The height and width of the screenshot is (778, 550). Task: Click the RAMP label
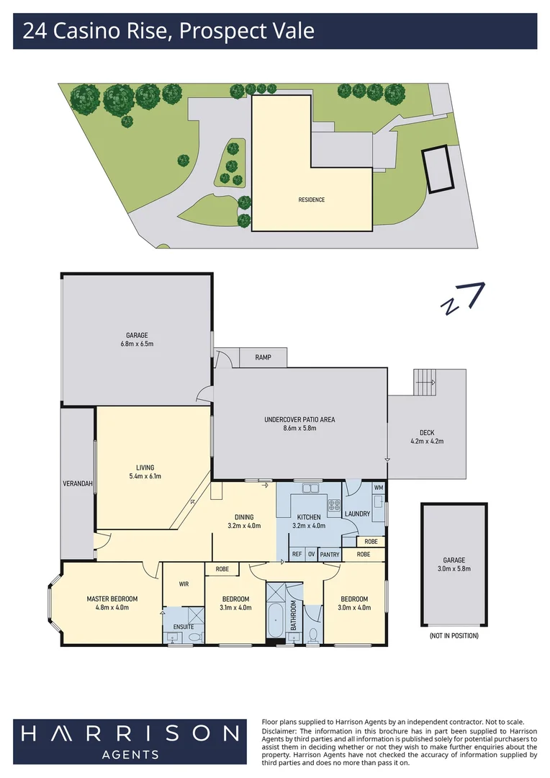[x=263, y=357]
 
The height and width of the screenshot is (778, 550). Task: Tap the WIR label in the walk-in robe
[x=184, y=584]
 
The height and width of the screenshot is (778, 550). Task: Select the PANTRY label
[x=330, y=554]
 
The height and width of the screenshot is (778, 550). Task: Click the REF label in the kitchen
[x=297, y=554]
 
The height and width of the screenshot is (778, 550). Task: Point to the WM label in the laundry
[x=379, y=488]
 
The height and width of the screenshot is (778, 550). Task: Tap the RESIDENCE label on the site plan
[x=312, y=200]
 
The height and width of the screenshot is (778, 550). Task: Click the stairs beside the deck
[x=425, y=382]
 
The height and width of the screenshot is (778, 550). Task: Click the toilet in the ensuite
[x=196, y=635]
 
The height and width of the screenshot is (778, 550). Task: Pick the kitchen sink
[x=310, y=488]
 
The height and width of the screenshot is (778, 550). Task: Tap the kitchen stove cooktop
[x=334, y=505]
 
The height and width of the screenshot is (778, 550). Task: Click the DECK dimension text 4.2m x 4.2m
[x=426, y=441]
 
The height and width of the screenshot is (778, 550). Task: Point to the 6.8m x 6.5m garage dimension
[x=137, y=344]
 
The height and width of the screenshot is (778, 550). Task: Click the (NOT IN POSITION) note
[x=454, y=635]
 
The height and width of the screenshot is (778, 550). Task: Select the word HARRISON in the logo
[x=130, y=734]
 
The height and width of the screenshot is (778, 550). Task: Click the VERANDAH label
[x=78, y=483]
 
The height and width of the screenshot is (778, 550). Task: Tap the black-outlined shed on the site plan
[x=438, y=169]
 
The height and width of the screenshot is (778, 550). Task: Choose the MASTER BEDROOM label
[x=112, y=599]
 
